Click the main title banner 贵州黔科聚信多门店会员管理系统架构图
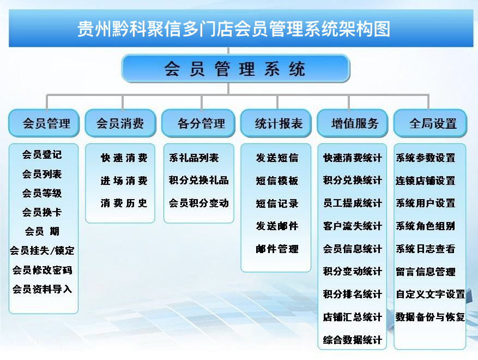pos(241,28)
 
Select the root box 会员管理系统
pos(235,69)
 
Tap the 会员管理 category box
pos(44,123)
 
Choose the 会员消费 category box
pos(120,123)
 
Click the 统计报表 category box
pos(276,123)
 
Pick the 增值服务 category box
pos(353,123)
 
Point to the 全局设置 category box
pos(430,123)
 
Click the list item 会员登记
pos(42,155)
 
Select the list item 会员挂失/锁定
pos(42,250)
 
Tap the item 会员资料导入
pos(42,289)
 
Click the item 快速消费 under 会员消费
pos(124,158)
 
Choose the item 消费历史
pos(124,203)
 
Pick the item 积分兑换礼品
pos(199,181)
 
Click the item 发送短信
pos(277,158)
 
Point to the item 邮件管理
pos(277,249)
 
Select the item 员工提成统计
pos(353,203)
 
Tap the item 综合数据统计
pos(353,340)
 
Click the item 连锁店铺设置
pos(425,181)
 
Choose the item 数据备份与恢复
pos(430,317)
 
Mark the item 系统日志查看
pos(425,249)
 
